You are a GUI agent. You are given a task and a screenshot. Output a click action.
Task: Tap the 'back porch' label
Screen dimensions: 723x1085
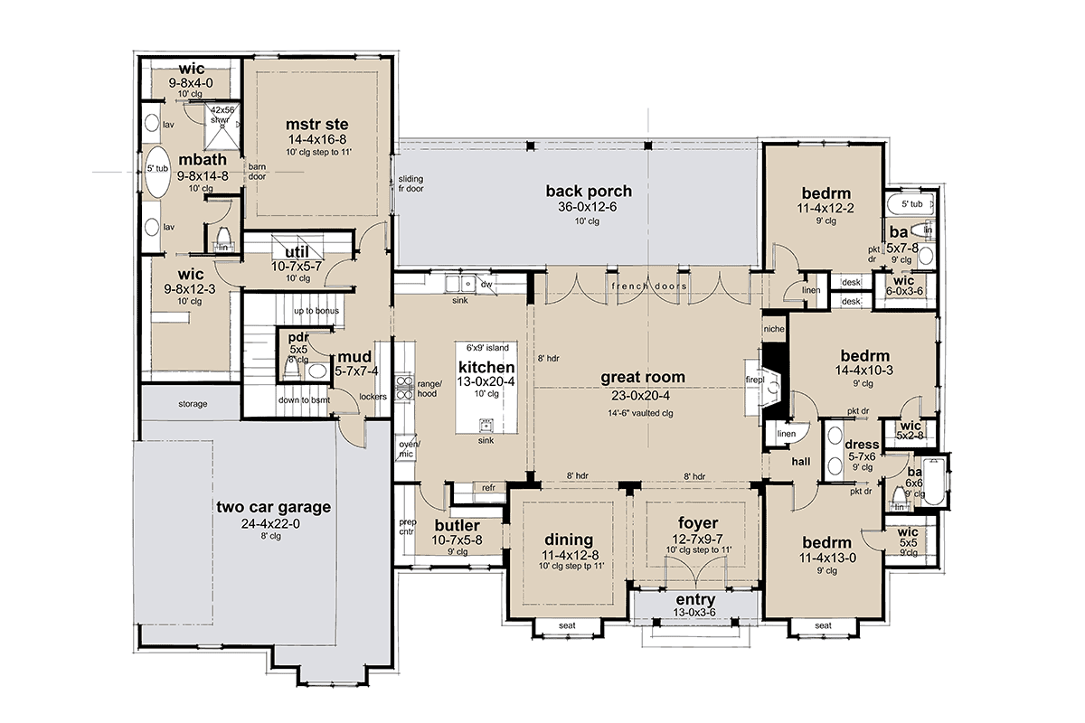click(x=589, y=191)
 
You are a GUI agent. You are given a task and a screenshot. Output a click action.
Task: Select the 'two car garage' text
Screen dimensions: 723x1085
click(x=272, y=507)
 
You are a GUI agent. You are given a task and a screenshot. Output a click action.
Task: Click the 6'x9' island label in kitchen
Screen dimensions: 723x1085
click(x=487, y=347)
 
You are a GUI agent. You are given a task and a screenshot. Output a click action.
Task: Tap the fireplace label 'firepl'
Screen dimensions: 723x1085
click(x=754, y=380)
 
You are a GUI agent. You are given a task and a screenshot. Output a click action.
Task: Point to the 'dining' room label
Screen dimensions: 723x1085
click(x=568, y=540)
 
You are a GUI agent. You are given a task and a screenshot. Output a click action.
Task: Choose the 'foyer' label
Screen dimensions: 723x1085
click(x=697, y=523)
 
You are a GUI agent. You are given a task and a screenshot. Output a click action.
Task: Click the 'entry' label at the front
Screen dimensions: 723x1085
click(x=695, y=600)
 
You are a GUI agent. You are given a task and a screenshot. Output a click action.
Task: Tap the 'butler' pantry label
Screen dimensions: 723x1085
click(x=457, y=527)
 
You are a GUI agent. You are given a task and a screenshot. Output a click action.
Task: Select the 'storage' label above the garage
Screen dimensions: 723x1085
click(x=193, y=403)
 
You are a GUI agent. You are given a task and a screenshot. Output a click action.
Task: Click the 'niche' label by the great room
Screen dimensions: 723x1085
click(x=773, y=329)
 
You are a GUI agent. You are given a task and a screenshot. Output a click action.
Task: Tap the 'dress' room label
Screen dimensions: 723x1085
click(x=862, y=444)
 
